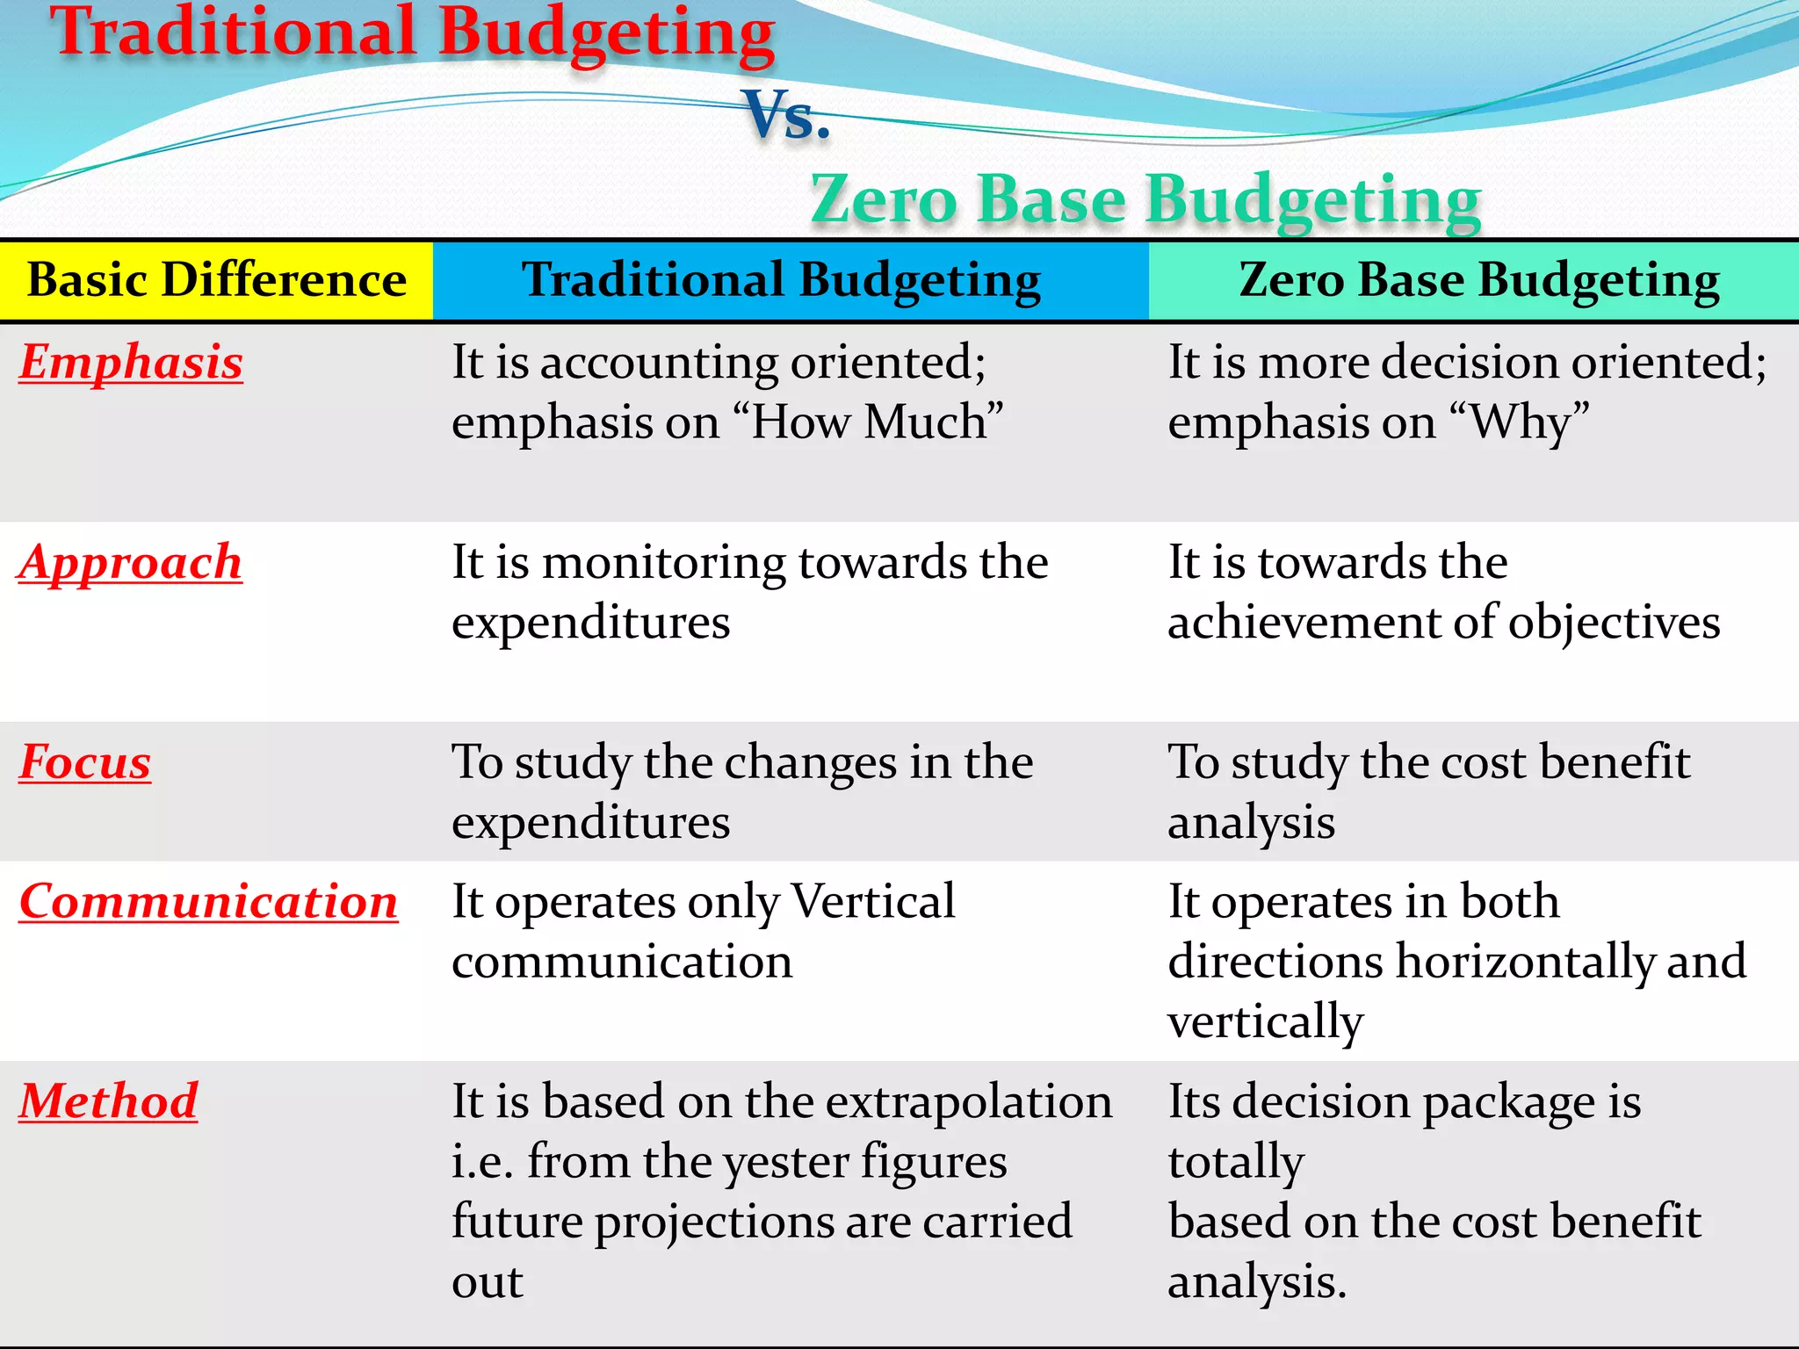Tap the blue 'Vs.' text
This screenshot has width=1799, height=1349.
[787, 117]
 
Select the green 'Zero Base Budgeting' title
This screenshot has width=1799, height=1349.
[1145, 200]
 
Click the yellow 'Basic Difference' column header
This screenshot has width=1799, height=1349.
[217, 280]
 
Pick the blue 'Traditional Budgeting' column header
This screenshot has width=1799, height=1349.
[781, 280]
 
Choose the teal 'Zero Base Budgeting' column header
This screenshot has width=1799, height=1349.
[1479, 280]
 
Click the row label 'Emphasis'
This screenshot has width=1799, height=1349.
[131, 363]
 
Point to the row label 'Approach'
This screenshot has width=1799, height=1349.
[130, 562]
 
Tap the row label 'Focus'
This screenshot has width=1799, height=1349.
[85, 761]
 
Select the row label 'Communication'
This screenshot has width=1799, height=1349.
[208, 901]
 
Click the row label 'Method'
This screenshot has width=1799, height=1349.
[109, 1100]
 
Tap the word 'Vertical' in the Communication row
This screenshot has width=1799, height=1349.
[873, 901]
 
